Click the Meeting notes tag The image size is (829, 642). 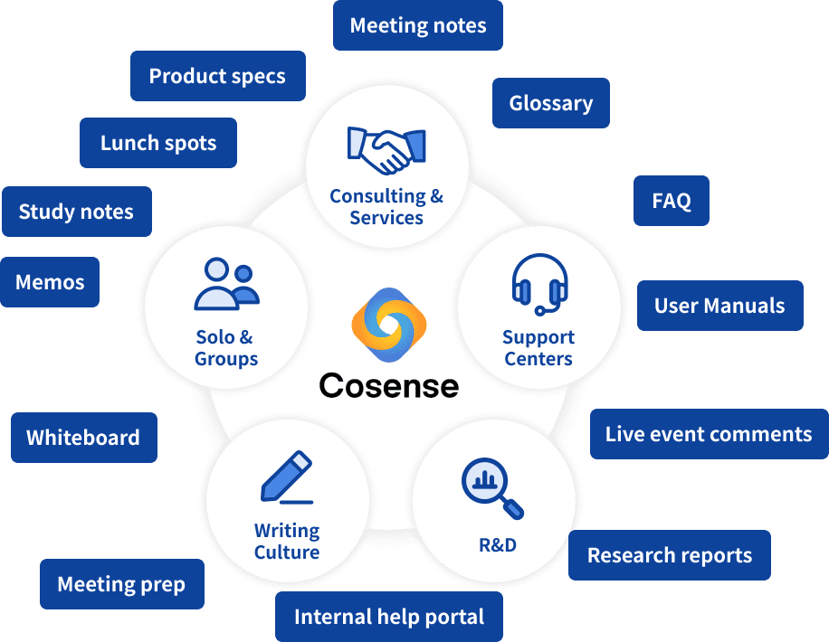click(x=418, y=25)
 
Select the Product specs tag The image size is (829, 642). click(x=217, y=76)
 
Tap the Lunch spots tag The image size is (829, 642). click(x=158, y=143)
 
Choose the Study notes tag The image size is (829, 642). click(x=76, y=212)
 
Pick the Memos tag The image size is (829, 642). click(x=50, y=282)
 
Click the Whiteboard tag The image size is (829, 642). click(x=83, y=438)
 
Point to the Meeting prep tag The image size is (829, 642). click(x=121, y=584)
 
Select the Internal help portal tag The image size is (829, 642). click(x=389, y=618)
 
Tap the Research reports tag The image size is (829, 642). click(x=670, y=555)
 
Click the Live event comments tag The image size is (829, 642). click(x=709, y=434)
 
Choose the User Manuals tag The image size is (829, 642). click(x=719, y=305)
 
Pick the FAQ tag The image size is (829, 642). click(x=672, y=201)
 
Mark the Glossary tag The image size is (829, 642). click(x=550, y=103)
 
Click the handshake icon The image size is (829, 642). click(x=386, y=149)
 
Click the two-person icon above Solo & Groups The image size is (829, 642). click(x=226, y=284)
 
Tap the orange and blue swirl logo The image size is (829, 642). click(x=389, y=323)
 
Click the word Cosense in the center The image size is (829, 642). click(x=389, y=385)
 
